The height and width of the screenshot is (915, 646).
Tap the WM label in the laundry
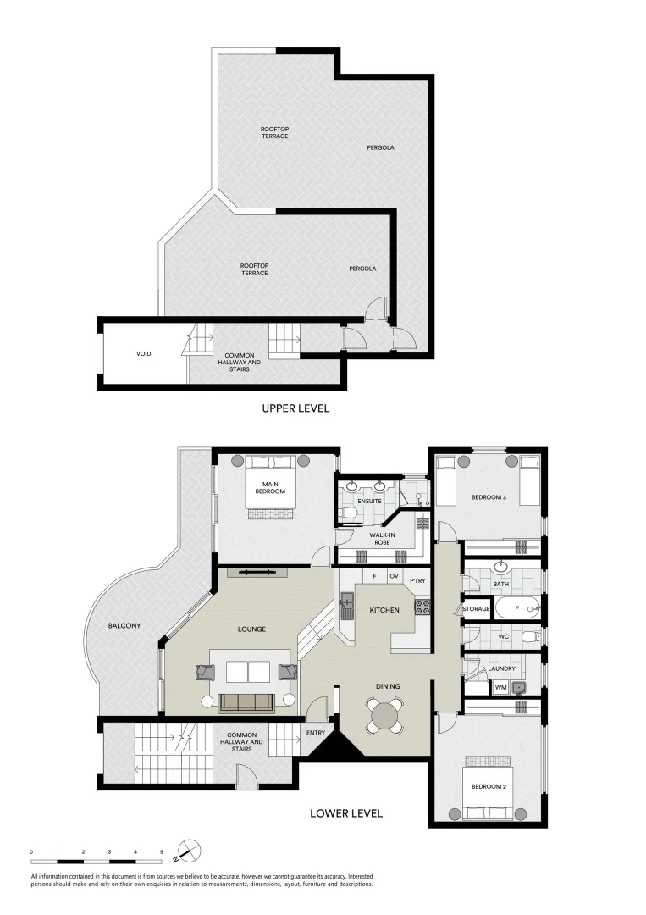(x=500, y=688)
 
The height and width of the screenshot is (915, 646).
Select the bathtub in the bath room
(x=517, y=609)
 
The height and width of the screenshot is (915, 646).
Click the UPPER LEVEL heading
(x=295, y=408)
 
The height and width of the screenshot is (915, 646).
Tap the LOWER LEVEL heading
(x=345, y=812)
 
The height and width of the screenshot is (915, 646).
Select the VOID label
(x=143, y=353)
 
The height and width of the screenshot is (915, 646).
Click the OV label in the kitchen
(x=394, y=577)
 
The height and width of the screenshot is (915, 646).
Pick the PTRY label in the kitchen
(x=417, y=580)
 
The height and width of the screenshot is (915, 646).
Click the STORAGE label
(x=477, y=608)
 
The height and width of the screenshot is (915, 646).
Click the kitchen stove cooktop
(x=422, y=607)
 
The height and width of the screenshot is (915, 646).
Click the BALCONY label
(x=124, y=625)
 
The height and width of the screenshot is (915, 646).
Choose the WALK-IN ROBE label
(x=382, y=539)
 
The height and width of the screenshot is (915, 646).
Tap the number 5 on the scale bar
(x=162, y=852)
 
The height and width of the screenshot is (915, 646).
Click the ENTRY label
(x=316, y=733)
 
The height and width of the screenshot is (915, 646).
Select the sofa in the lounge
(x=247, y=702)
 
